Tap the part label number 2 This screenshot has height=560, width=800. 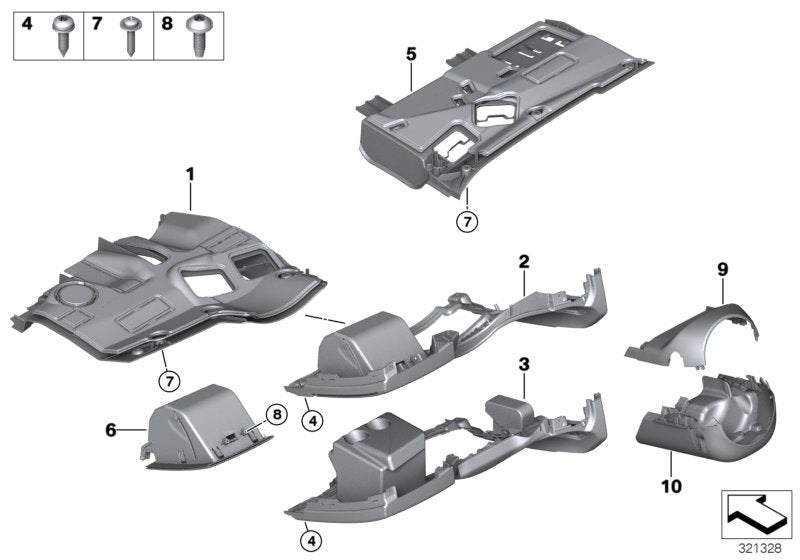(523, 262)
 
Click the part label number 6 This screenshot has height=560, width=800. (111, 429)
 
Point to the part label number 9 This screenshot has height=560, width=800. (721, 270)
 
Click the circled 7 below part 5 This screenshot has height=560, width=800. (466, 222)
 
